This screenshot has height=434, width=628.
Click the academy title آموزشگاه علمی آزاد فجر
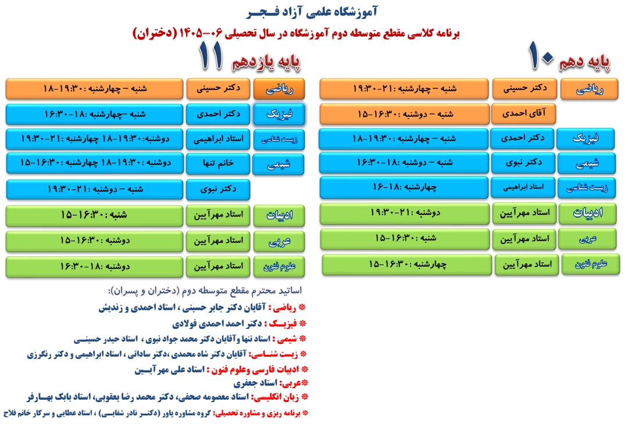click(312, 13)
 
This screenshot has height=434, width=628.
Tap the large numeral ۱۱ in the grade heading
click(210, 56)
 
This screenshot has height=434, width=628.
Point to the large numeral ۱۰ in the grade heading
click(541, 56)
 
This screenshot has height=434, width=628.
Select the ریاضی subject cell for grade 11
click(279, 89)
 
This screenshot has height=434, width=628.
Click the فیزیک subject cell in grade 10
click(586, 139)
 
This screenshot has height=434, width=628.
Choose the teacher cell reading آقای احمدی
click(524, 114)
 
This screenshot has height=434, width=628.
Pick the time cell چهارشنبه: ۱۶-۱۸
click(404, 188)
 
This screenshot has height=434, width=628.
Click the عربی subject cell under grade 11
click(279, 241)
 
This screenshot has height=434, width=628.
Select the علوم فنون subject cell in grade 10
click(591, 264)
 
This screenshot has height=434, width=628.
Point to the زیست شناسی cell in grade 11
click(279, 139)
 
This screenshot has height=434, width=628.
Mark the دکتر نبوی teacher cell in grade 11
click(218, 189)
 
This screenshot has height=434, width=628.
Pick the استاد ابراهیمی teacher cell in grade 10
click(523, 188)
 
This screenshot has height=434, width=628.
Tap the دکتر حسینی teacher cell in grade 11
click(218, 89)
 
